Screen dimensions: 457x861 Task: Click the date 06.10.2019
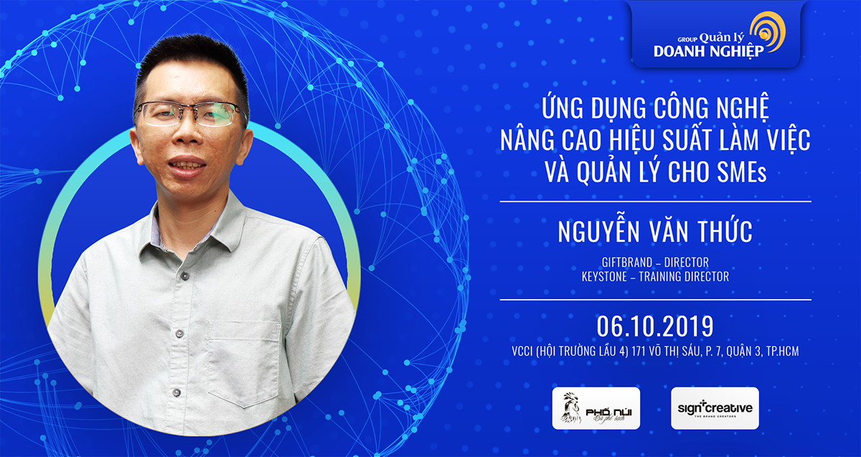(x=654, y=326)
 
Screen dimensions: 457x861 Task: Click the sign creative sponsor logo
(x=715, y=408)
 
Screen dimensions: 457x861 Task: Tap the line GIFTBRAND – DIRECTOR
(x=655, y=263)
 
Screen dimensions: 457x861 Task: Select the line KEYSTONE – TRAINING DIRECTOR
(x=655, y=277)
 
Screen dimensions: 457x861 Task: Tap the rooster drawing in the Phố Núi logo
(x=571, y=408)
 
